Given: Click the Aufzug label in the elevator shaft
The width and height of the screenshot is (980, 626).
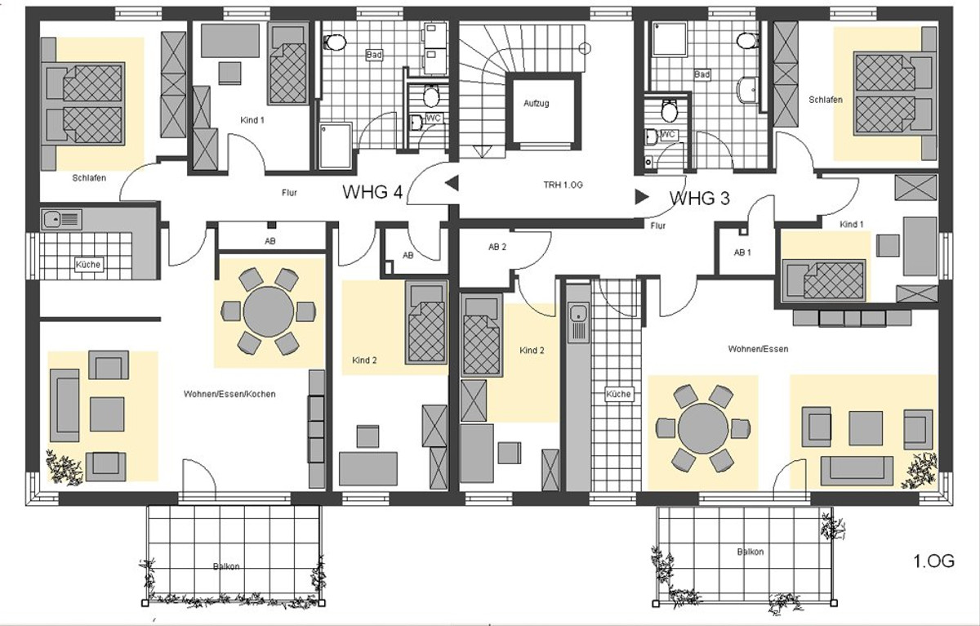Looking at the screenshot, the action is tap(536, 103).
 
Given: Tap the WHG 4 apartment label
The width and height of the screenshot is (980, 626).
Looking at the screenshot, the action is tap(372, 192).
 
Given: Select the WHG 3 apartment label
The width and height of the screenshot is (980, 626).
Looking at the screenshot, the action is tap(700, 199).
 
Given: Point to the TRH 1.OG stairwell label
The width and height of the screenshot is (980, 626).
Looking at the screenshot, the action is tap(563, 185).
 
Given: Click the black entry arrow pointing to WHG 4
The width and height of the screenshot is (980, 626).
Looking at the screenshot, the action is tap(452, 183).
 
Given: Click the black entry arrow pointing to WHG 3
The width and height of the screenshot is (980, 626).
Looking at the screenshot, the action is tap(642, 197).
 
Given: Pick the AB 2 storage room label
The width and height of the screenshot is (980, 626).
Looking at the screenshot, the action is tap(497, 247).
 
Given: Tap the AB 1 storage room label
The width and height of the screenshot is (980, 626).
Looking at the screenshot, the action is tap(742, 253).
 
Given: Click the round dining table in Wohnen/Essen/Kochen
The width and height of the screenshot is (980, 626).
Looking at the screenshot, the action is tap(269, 311).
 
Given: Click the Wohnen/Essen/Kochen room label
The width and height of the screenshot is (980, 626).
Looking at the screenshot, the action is tap(229, 394).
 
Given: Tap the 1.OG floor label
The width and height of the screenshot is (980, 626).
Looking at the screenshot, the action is tap(934, 561).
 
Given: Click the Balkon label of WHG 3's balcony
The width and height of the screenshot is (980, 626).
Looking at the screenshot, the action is tap(751, 552).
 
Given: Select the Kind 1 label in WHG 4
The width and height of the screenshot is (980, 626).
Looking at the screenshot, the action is tap(252, 120).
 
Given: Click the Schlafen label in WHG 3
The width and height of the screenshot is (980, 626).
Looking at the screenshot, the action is tap(826, 100).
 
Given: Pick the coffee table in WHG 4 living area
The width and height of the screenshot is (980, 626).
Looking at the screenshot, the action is tap(107, 414).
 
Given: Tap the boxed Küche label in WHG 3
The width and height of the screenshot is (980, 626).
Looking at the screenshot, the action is tap(619, 394).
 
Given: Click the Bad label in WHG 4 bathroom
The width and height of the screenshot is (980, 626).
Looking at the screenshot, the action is tap(374, 55).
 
